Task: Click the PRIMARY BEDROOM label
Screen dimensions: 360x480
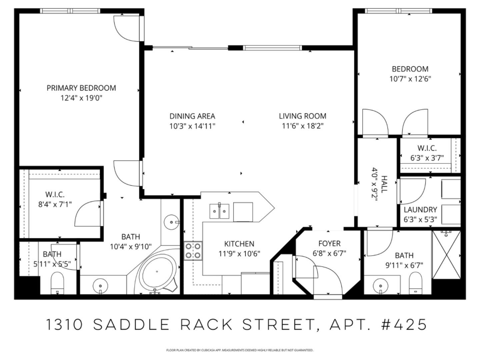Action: (81, 88)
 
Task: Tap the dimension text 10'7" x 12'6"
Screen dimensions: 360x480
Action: (410, 79)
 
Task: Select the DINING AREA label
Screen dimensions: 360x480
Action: (192, 116)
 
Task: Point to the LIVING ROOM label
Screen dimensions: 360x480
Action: (302, 116)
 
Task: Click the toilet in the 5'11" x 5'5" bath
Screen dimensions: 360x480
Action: (57, 283)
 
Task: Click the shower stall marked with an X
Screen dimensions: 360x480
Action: (446, 255)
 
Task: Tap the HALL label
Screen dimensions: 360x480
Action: (384, 184)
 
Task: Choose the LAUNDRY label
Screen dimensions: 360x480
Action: (420, 210)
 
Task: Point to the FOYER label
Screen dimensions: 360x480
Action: (329, 244)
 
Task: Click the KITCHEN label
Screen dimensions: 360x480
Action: (239, 244)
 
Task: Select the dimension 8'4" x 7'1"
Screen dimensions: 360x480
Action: (55, 204)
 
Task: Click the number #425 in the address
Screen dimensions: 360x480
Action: (404, 325)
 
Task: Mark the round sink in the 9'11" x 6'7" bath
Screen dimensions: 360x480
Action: (380, 286)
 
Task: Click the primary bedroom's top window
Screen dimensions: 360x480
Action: (70, 11)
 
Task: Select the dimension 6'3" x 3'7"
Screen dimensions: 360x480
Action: (427, 158)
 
